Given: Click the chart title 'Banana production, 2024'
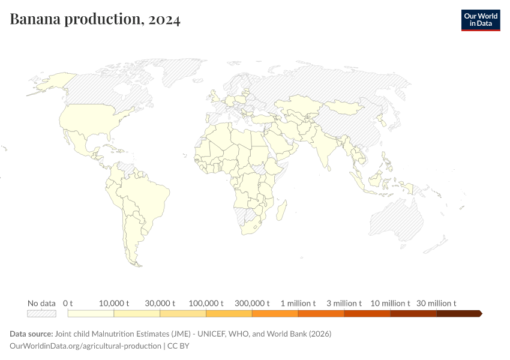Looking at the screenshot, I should (95, 20).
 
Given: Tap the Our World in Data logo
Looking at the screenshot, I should (480, 20).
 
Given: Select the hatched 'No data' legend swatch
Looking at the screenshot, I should (41, 313).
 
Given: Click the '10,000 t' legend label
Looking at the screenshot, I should (114, 303).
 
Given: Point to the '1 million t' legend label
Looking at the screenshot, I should (298, 303).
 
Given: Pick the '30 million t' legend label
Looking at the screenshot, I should (436, 303).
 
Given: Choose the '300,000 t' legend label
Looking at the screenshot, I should (252, 303).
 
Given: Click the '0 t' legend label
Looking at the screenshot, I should (68, 303).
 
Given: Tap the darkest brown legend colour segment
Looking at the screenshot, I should (458, 313).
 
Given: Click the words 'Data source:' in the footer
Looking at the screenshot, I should (31, 334).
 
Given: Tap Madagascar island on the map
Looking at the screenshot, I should (280, 213).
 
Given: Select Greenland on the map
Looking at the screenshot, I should (180, 72).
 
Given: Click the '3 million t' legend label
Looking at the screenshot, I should (344, 303).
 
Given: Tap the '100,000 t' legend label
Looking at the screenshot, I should (206, 303).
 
